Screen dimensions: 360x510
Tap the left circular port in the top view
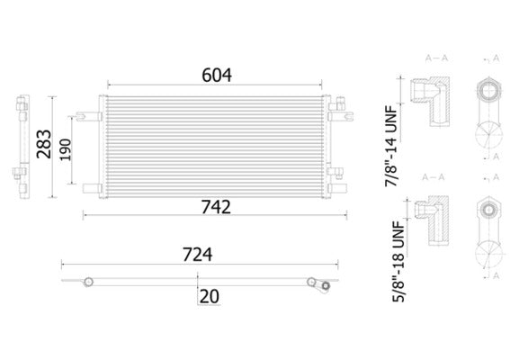(87, 281)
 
